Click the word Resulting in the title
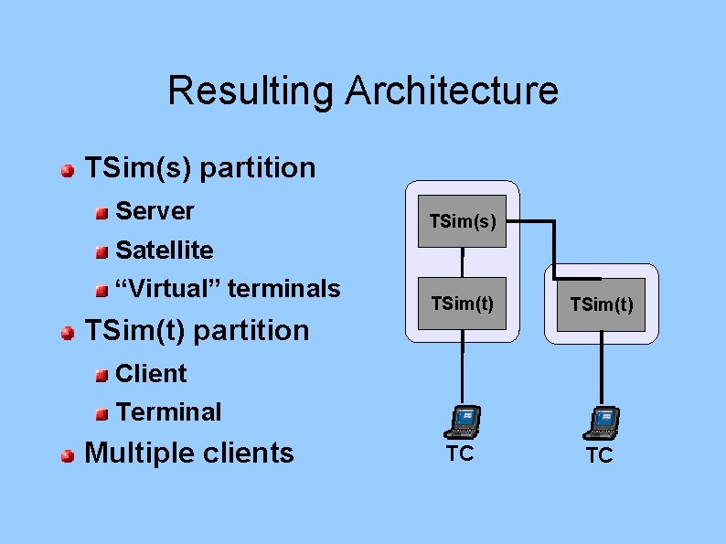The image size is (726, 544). [x=250, y=91]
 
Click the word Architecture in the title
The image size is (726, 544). [x=453, y=91]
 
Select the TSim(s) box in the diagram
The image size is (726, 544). [x=462, y=220]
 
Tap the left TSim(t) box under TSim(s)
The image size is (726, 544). [x=462, y=304]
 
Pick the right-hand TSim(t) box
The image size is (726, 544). [x=601, y=304]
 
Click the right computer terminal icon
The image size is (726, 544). [x=601, y=421]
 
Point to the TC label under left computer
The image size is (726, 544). [x=460, y=453]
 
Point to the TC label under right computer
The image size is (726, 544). [x=599, y=455]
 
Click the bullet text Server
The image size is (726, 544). [x=155, y=211]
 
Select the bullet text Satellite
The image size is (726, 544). [x=165, y=250]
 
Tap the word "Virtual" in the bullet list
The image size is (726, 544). [x=168, y=289]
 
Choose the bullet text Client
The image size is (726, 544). [x=151, y=373]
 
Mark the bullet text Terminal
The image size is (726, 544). [x=168, y=412]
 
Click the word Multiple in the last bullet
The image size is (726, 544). [x=144, y=453]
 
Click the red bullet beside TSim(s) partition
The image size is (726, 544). [x=68, y=170]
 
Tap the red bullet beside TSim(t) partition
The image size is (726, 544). [x=68, y=332]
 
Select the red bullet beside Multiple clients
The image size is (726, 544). [x=68, y=454]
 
